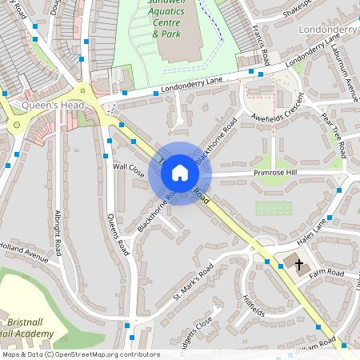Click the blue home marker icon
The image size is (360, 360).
click(x=180, y=172)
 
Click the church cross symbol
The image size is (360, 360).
click(x=298, y=263)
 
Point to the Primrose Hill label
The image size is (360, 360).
click(x=275, y=172)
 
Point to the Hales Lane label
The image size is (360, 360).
click(x=313, y=229)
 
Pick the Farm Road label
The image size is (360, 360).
click(x=327, y=274)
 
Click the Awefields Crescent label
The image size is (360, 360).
click(x=277, y=114)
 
